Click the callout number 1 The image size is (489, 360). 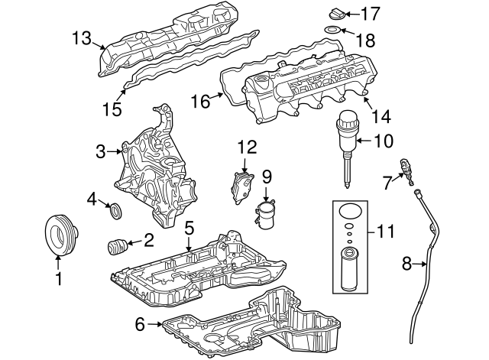point(58,279)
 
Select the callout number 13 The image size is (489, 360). point(82,37)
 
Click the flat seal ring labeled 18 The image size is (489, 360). point(332,31)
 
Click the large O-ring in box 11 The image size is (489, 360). point(349,212)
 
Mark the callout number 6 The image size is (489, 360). point(139,324)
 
